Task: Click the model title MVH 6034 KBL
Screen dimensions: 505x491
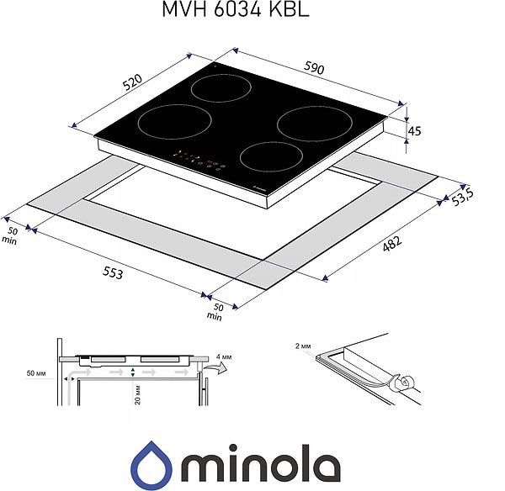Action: (236, 9)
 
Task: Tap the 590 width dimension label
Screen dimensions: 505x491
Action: (314, 68)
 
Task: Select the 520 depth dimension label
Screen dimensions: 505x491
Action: (132, 82)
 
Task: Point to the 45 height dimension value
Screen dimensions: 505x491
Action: (414, 131)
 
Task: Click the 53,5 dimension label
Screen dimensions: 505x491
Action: (462, 197)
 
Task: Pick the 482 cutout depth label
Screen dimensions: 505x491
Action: (392, 244)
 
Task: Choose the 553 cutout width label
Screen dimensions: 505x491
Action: (113, 273)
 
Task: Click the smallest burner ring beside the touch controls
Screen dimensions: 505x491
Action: (271, 157)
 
